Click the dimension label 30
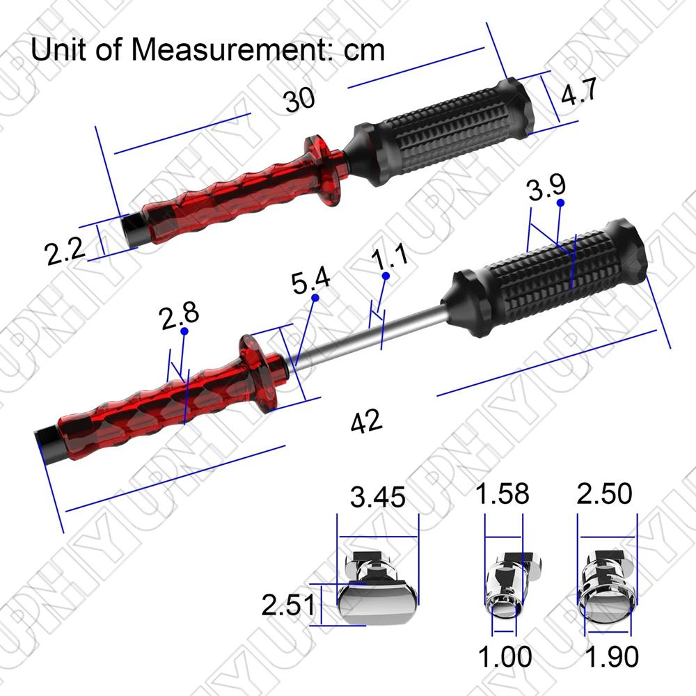[x=299, y=100]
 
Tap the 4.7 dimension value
[x=579, y=93]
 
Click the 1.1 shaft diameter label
[x=389, y=256]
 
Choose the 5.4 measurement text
[x=310, y=280]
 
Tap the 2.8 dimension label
[x=179, y=315]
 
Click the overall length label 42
[x=366, y=421]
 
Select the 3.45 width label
[x=378, y=497]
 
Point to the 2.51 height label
[x=288, y=605]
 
